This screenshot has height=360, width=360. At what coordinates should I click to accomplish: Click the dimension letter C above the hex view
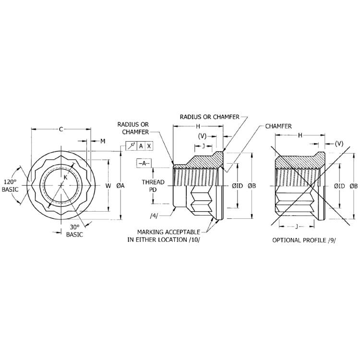(x=61, y=129)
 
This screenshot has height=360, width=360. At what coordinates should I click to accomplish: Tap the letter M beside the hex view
(x=102, y=141)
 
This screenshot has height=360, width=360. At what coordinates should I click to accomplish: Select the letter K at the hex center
(x=66, y=177)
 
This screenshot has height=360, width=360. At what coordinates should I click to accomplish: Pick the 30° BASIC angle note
(x=74, y=231)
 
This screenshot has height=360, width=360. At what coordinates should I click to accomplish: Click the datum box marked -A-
(x=144, y=163)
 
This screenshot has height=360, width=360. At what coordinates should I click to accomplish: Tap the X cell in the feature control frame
(x=149, y=146)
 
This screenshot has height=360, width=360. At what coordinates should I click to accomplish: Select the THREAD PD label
(x=153, y=186)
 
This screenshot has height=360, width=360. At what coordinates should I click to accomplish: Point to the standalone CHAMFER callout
(x=278, y=126)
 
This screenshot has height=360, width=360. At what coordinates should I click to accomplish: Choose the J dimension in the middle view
(x=204, y=145)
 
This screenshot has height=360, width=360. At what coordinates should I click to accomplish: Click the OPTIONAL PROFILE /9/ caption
(x=301, y=240)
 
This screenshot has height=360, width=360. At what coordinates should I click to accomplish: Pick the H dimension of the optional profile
(x=300, y=135)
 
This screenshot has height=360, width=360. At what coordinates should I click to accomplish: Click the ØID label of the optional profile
(x=339, y=185)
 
